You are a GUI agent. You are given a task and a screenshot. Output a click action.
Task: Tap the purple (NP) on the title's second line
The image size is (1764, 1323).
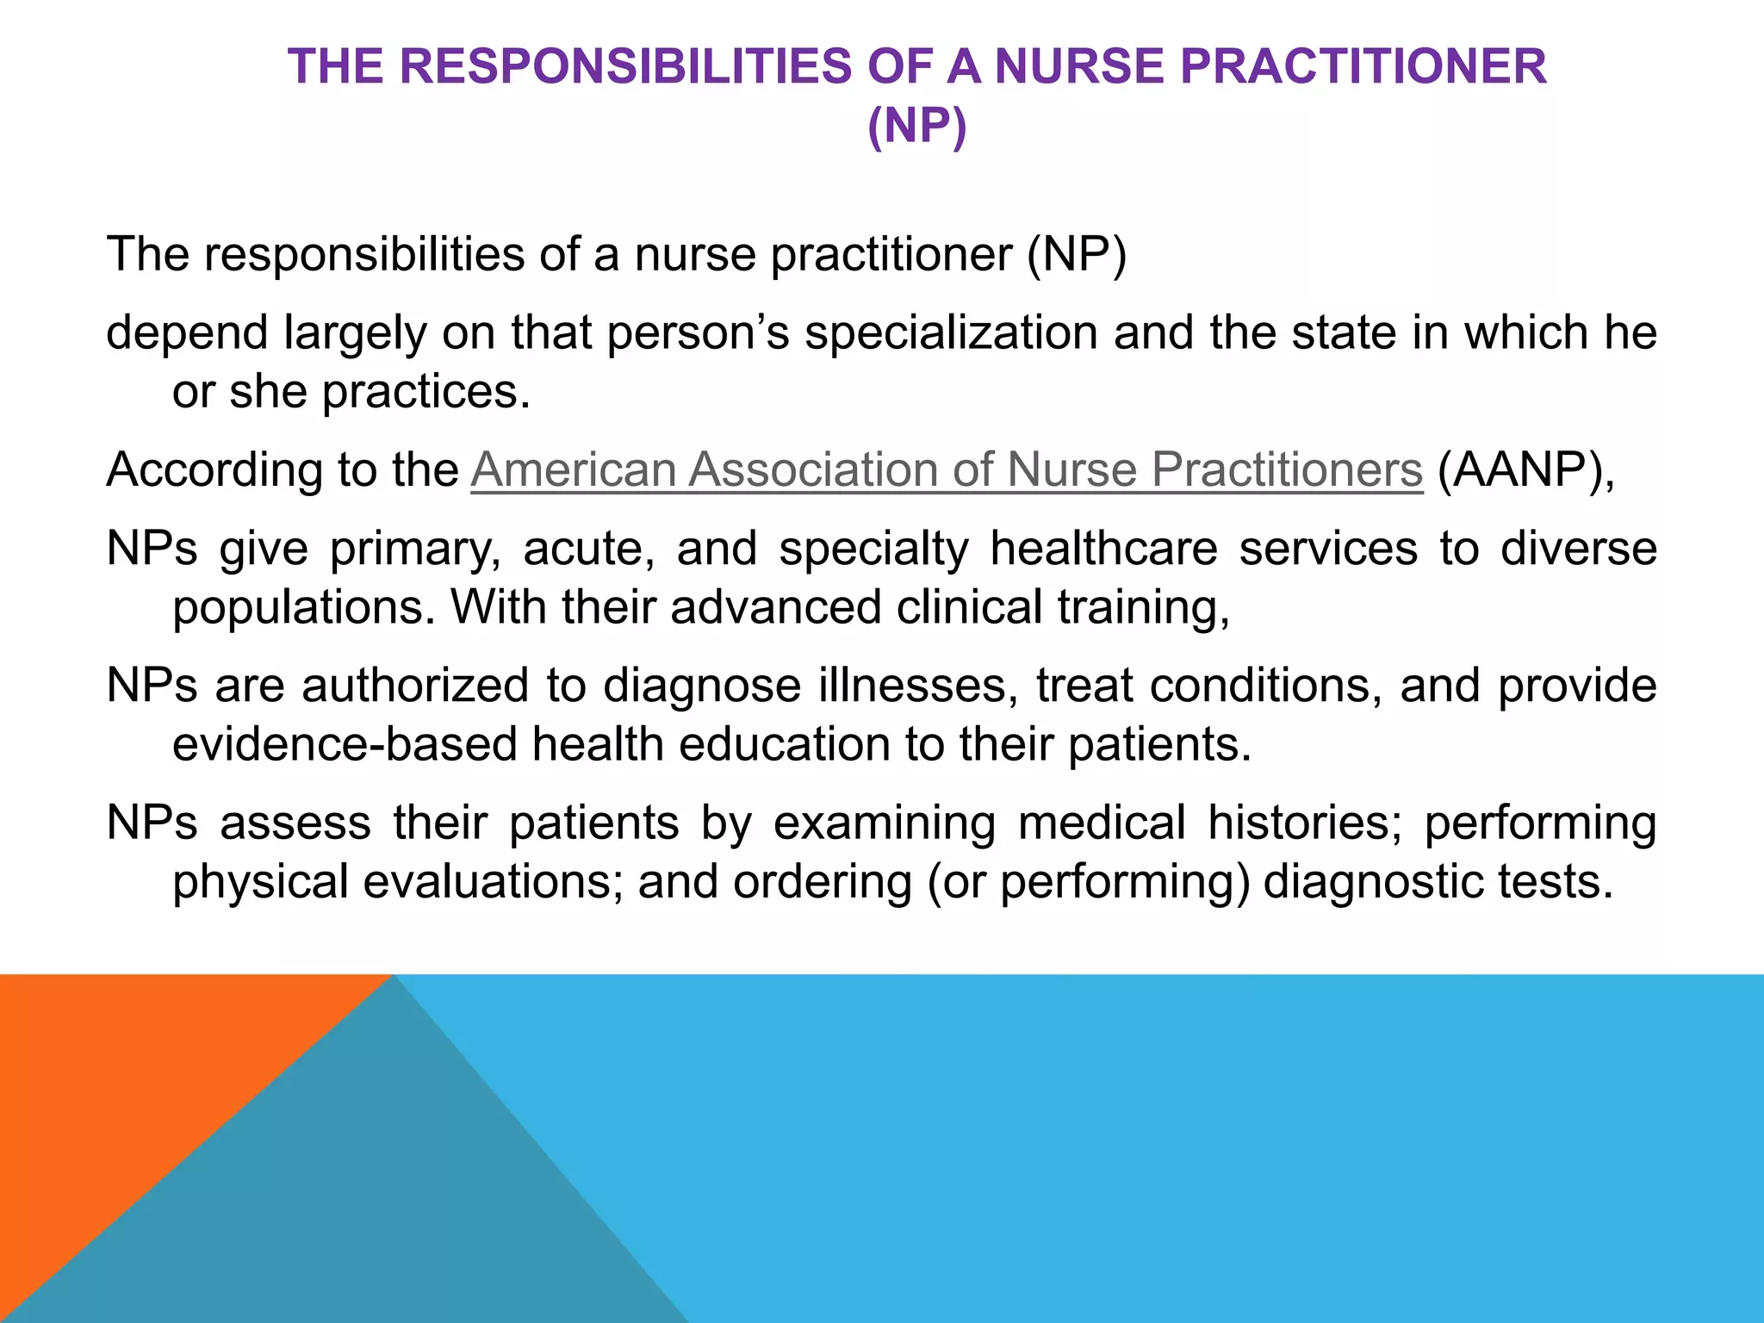pos(917,126)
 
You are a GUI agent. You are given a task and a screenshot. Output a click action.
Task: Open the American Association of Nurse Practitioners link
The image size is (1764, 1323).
pos(947,470)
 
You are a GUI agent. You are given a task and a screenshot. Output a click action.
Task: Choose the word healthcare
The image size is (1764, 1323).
pos(1103,549)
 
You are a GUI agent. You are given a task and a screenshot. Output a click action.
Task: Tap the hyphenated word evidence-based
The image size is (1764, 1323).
pos(345,744)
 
